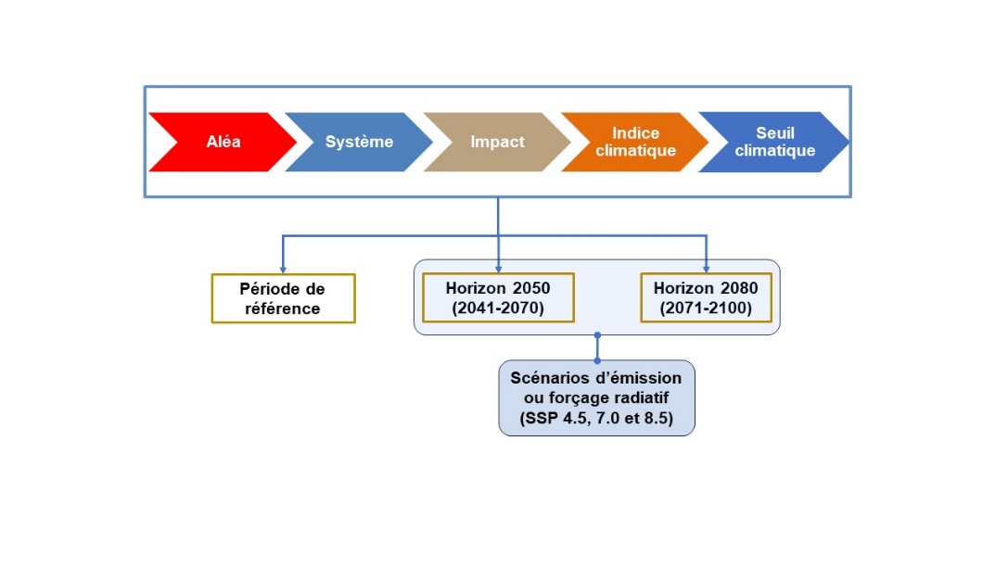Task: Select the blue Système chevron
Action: coord(360,142)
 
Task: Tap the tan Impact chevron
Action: coord(498,142)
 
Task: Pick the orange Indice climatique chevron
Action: coord(635,142)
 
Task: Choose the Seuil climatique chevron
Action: coord(774,142)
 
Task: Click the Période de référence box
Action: coord(284,298)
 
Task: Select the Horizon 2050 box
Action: coord(498,297)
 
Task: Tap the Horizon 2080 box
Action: coord(707,297)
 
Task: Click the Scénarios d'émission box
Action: coord(596,398)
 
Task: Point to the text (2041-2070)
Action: coord(498,309)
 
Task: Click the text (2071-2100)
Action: coord(706,309)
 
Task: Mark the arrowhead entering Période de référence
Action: coord(283,270)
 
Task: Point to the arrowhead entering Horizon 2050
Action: coord(498,269)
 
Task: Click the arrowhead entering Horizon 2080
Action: coord(707,269)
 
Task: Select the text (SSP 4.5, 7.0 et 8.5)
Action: coord(596,419)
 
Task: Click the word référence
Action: coord(282,309)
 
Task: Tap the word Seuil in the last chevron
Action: coord(775,132)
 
